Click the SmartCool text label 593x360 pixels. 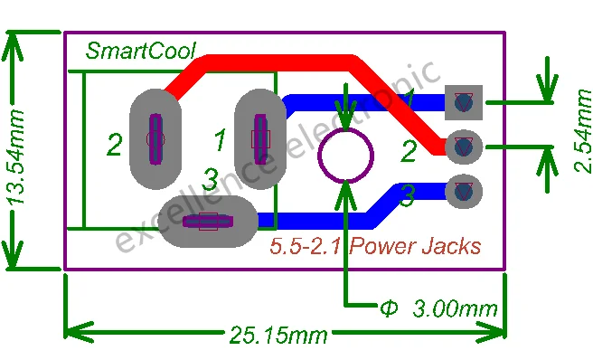(141, 51)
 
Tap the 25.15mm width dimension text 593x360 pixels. (278, 335)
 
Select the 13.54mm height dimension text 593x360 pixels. (16, 157)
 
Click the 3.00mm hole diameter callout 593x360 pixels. (438, 308)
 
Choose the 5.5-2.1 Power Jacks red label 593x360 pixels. (375, 246)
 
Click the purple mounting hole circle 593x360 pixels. (345, 156)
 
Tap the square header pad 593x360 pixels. (464, 102)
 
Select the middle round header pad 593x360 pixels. (464, 147)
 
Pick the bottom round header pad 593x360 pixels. (464, 192)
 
